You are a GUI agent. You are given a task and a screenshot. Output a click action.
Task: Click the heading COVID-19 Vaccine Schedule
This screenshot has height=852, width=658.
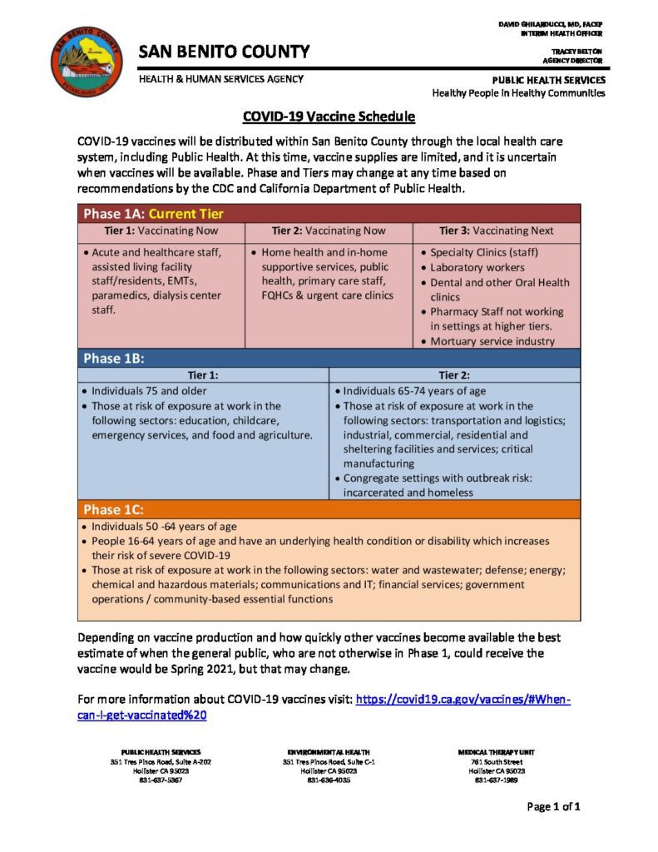tap(329, 117)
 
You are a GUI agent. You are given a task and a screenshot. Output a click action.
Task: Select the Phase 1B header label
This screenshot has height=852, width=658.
tap(114, 359)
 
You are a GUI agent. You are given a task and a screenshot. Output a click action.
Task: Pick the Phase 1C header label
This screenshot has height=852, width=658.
tap(114, 509)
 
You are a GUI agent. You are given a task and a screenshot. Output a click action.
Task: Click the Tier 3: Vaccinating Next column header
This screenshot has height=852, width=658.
tap(496, 231)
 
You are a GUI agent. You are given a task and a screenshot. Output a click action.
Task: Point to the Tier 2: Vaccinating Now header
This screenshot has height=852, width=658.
tap(329, 231)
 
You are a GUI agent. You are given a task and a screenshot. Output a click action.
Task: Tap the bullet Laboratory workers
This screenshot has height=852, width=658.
tap(477, 268)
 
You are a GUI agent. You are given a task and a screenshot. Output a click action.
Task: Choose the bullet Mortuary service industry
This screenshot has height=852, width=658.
tap(492, 341)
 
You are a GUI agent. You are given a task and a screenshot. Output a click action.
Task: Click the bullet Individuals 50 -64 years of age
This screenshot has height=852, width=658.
tap(164, 527)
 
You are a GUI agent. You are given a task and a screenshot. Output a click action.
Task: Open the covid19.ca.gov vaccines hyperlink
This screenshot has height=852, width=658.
tap(463, 700)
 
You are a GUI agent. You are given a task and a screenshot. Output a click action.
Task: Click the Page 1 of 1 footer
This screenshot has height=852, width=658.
tap(553, 806)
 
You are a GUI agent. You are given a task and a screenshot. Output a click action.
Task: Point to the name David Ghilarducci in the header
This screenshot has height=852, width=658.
tap(551, 24)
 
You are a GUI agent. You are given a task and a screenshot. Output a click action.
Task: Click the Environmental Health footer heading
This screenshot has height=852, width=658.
tap(329, 752)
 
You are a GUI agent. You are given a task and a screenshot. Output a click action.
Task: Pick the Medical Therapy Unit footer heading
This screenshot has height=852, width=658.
tap(497, 752)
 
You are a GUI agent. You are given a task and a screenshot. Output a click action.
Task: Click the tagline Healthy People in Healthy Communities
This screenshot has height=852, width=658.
tap(518, 93)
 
